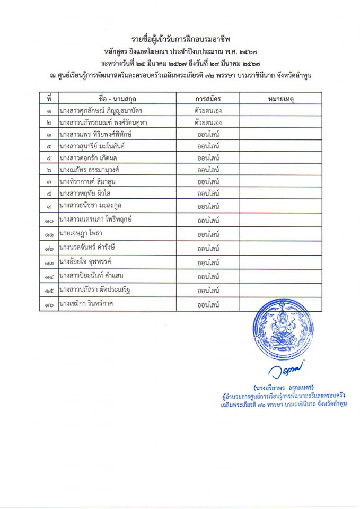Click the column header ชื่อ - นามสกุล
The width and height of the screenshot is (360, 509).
click(x=118, y=99)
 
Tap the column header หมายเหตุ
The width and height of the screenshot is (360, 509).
click(x=280, y=99)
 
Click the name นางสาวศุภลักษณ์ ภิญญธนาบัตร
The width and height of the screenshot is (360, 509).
click(x=101, y=111)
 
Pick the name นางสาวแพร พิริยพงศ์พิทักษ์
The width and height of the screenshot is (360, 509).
click(x=95, y=135)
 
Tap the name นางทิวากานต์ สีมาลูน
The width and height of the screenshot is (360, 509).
click(x=87, y=181)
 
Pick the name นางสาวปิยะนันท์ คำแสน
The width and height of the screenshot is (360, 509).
click(x=94, y=276)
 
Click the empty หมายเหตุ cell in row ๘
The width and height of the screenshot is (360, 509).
click(x=280, y=194)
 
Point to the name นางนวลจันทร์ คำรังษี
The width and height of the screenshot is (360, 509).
click(x=89, y=248)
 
